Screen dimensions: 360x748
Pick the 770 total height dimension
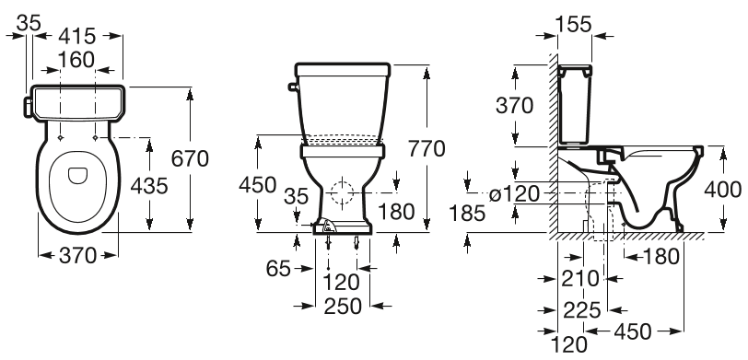[426, 148]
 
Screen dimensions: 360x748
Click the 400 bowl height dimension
[723, 189]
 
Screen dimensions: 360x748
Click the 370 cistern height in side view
[515, 105]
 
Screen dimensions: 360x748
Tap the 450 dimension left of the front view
[257, 184]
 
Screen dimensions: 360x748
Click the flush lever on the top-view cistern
[26, 102]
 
